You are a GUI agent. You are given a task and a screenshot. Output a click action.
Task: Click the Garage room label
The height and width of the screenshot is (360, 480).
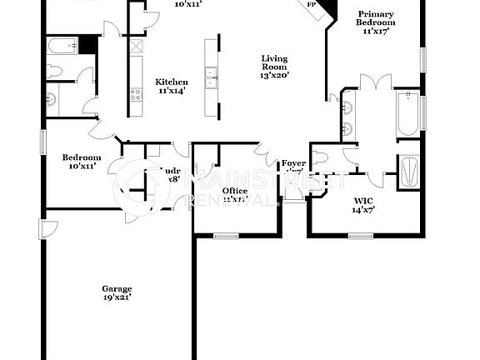click(117, 287)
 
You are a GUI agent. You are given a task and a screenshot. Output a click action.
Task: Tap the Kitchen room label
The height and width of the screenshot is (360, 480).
click(172, 82)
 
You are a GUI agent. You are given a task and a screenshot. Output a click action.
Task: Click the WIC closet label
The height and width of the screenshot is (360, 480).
click(364, 200)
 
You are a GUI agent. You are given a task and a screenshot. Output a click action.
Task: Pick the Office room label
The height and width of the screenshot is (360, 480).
click(234, 191)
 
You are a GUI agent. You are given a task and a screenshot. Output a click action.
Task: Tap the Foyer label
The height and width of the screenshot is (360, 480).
click(293, 163)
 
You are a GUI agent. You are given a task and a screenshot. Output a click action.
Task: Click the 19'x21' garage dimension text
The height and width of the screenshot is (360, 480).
click(117, 297)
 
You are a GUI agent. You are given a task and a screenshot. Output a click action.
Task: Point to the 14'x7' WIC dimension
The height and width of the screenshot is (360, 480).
click(364, 210)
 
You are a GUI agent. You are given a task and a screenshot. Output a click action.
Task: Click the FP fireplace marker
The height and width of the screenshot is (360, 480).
click(312, 4)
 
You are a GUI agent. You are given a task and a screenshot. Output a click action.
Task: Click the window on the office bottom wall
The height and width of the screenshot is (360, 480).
click(227, 236)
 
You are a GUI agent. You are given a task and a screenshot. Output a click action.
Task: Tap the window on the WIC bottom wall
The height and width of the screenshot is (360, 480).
click(360, 236)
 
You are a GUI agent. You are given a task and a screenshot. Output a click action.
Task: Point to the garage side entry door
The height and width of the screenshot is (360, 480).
click(47, 227)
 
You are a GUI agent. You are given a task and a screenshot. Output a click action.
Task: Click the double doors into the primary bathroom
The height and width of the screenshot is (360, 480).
click(373, 81)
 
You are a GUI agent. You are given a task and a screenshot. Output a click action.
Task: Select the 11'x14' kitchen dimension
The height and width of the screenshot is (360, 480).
click(172, 91)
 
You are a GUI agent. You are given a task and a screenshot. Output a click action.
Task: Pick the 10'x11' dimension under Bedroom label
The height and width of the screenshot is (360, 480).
click(82, 167)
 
